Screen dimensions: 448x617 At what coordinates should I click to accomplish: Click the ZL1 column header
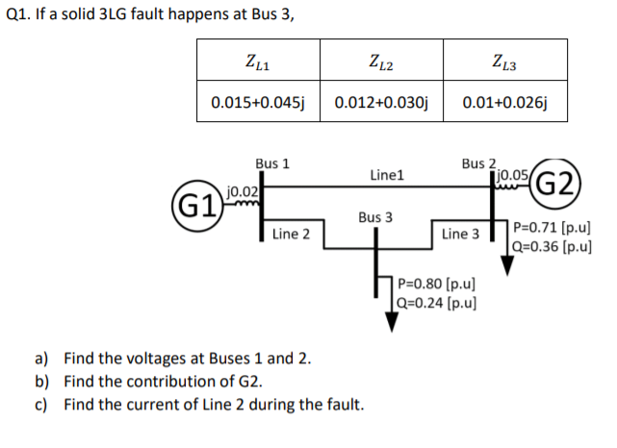click(x=258, y=64)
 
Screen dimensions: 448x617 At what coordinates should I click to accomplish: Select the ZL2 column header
click(x=382, y=64)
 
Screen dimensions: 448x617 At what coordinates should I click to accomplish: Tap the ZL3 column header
click(x=505, y=64)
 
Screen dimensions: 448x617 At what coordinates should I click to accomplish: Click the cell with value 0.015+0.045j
click(x=258, y=103)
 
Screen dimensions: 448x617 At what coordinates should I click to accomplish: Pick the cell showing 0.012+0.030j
click(x=382, y=103)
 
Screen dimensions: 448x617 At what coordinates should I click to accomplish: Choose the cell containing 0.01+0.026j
click(x=505, y=103)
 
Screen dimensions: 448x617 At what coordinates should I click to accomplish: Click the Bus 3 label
click(x=374, y=217)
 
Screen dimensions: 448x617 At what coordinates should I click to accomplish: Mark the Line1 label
click(x=386, y=176)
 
